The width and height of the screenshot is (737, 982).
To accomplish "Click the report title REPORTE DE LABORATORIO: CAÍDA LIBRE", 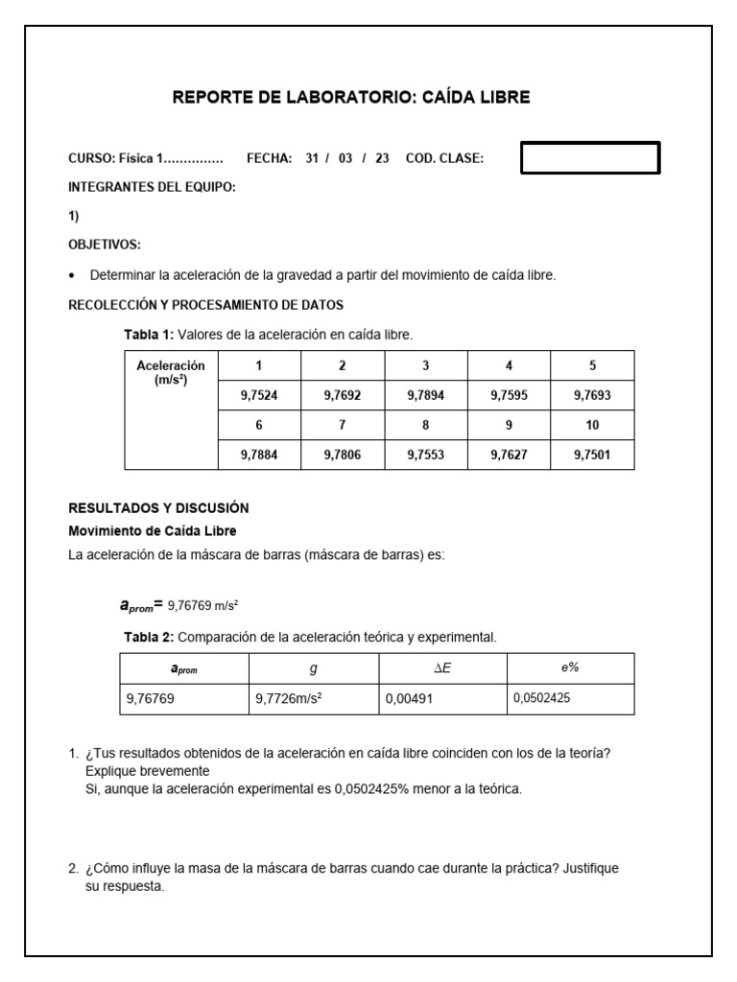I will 350,97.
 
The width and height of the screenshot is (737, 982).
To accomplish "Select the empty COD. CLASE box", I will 590,158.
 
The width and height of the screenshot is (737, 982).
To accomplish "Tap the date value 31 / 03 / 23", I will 346,159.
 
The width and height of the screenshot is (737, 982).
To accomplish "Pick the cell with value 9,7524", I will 259,395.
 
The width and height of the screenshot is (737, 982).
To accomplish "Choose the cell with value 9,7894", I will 425,395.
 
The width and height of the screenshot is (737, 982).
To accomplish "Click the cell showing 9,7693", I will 592,395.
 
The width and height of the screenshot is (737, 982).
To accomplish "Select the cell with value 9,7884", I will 259,456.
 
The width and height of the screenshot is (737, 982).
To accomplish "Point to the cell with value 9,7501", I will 592,456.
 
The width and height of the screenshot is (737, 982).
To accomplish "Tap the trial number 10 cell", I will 592,425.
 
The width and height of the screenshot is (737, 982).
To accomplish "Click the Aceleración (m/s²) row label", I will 171,373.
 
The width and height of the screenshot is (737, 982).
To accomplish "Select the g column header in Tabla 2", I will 313,668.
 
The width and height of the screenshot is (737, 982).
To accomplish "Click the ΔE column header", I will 442,668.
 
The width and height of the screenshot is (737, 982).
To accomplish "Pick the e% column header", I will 570,668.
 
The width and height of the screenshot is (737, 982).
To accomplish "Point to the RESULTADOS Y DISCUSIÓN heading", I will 158,508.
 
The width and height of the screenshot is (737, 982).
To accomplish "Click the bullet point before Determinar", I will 74,276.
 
